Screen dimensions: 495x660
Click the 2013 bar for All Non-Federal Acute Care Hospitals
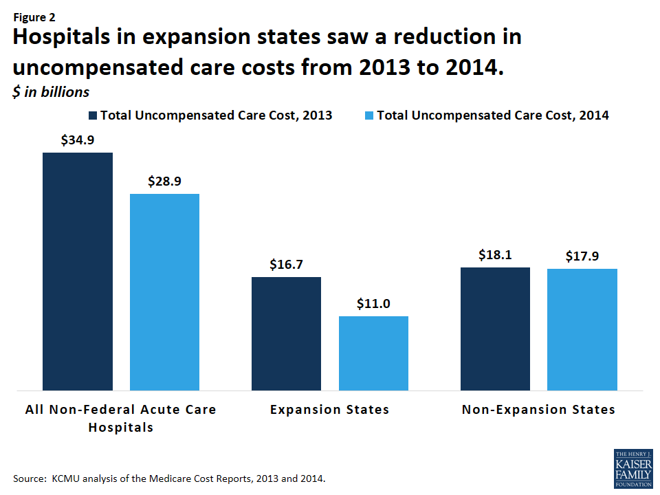coord(78,272)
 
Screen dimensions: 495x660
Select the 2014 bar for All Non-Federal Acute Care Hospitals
coord(164,292)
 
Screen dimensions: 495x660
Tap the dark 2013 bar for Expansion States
coord(286,333)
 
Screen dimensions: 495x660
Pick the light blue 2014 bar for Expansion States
coord(373,353)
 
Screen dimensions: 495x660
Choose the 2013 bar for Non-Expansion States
coord(495,329)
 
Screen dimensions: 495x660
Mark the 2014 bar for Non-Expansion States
coord(582,330)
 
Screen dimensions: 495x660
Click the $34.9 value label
coord(78,140)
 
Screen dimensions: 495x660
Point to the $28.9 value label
coord(164,181)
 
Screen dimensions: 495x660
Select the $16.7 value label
coord(286,265)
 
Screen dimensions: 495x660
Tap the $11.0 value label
coord(373,304)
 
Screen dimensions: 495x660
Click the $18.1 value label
coord(495,255)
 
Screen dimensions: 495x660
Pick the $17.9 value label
coord(582,256)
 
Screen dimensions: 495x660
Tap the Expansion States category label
coord(329,410)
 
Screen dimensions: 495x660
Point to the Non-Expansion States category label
coord(538,410)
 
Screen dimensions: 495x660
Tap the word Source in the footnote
coord(27,478)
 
